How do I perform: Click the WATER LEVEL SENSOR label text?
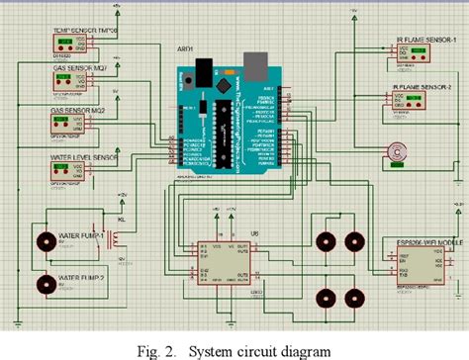point(83,157)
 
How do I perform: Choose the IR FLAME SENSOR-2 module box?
point(407,103)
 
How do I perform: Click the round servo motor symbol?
point(398,151)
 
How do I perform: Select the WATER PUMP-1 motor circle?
point(45,240)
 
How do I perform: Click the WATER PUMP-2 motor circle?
point(45,284)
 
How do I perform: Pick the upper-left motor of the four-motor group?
point(323,240)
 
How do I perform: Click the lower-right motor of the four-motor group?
point(354,296)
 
